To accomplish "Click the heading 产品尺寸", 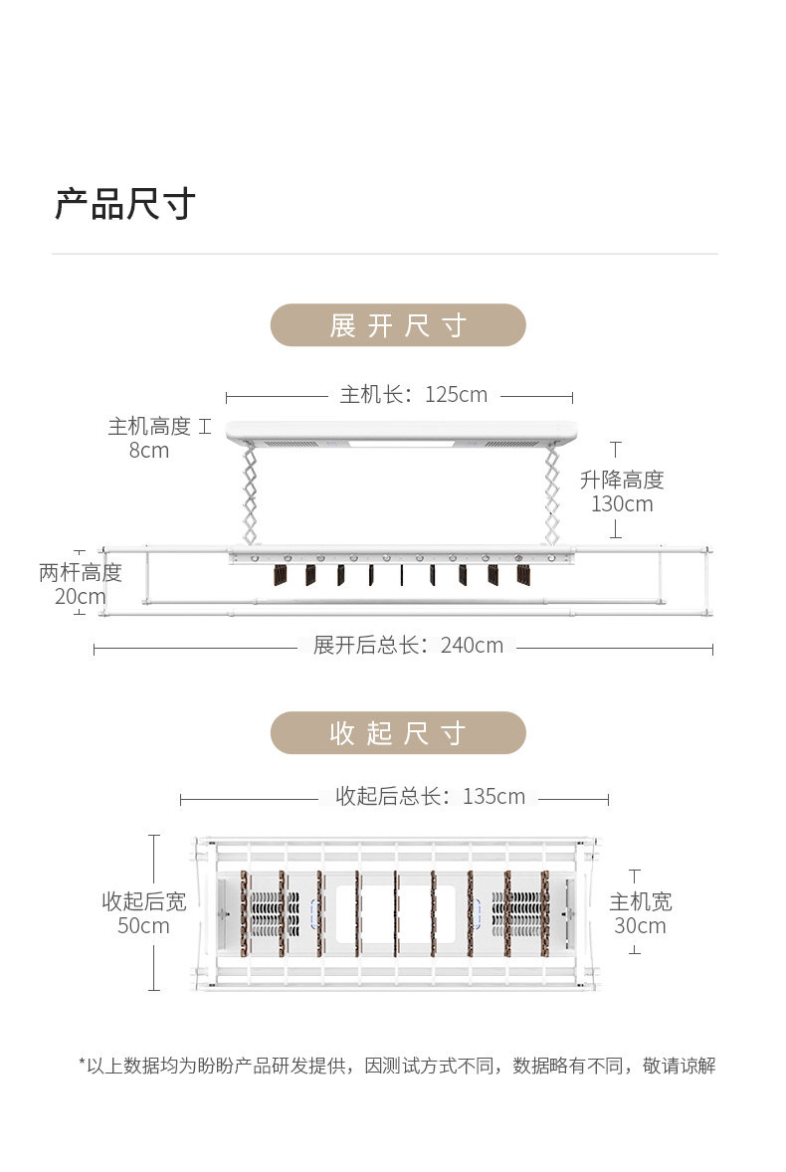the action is tap(125, 204).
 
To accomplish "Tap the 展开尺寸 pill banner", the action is tap(398, 325).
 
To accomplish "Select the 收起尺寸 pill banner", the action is tap(398, 733).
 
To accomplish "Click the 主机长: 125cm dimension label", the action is tap(413, 394).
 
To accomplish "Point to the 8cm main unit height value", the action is tap(148, 450).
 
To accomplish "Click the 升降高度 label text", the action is tap(622, 480).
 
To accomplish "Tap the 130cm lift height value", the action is tap(622, 503).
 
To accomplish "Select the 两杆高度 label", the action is tap(80, 572).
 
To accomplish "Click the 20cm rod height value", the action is tap(80, 597).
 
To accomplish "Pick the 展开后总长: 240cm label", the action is tap(408, 645).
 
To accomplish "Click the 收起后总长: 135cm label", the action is tap(431, 796).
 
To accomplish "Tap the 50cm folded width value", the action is tap(143, 925).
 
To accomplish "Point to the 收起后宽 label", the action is tap(143, 901).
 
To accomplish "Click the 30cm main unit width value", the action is tap(640, 925).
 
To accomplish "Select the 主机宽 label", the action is tap(641, 901).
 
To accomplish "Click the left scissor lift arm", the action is tap(250, 494).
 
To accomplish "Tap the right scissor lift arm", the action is tap(552, 494).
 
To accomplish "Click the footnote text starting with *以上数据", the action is tap(397, 1066).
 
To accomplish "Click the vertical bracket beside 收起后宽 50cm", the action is tap(154, 912).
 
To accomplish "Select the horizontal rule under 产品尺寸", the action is tap(385, 254).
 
